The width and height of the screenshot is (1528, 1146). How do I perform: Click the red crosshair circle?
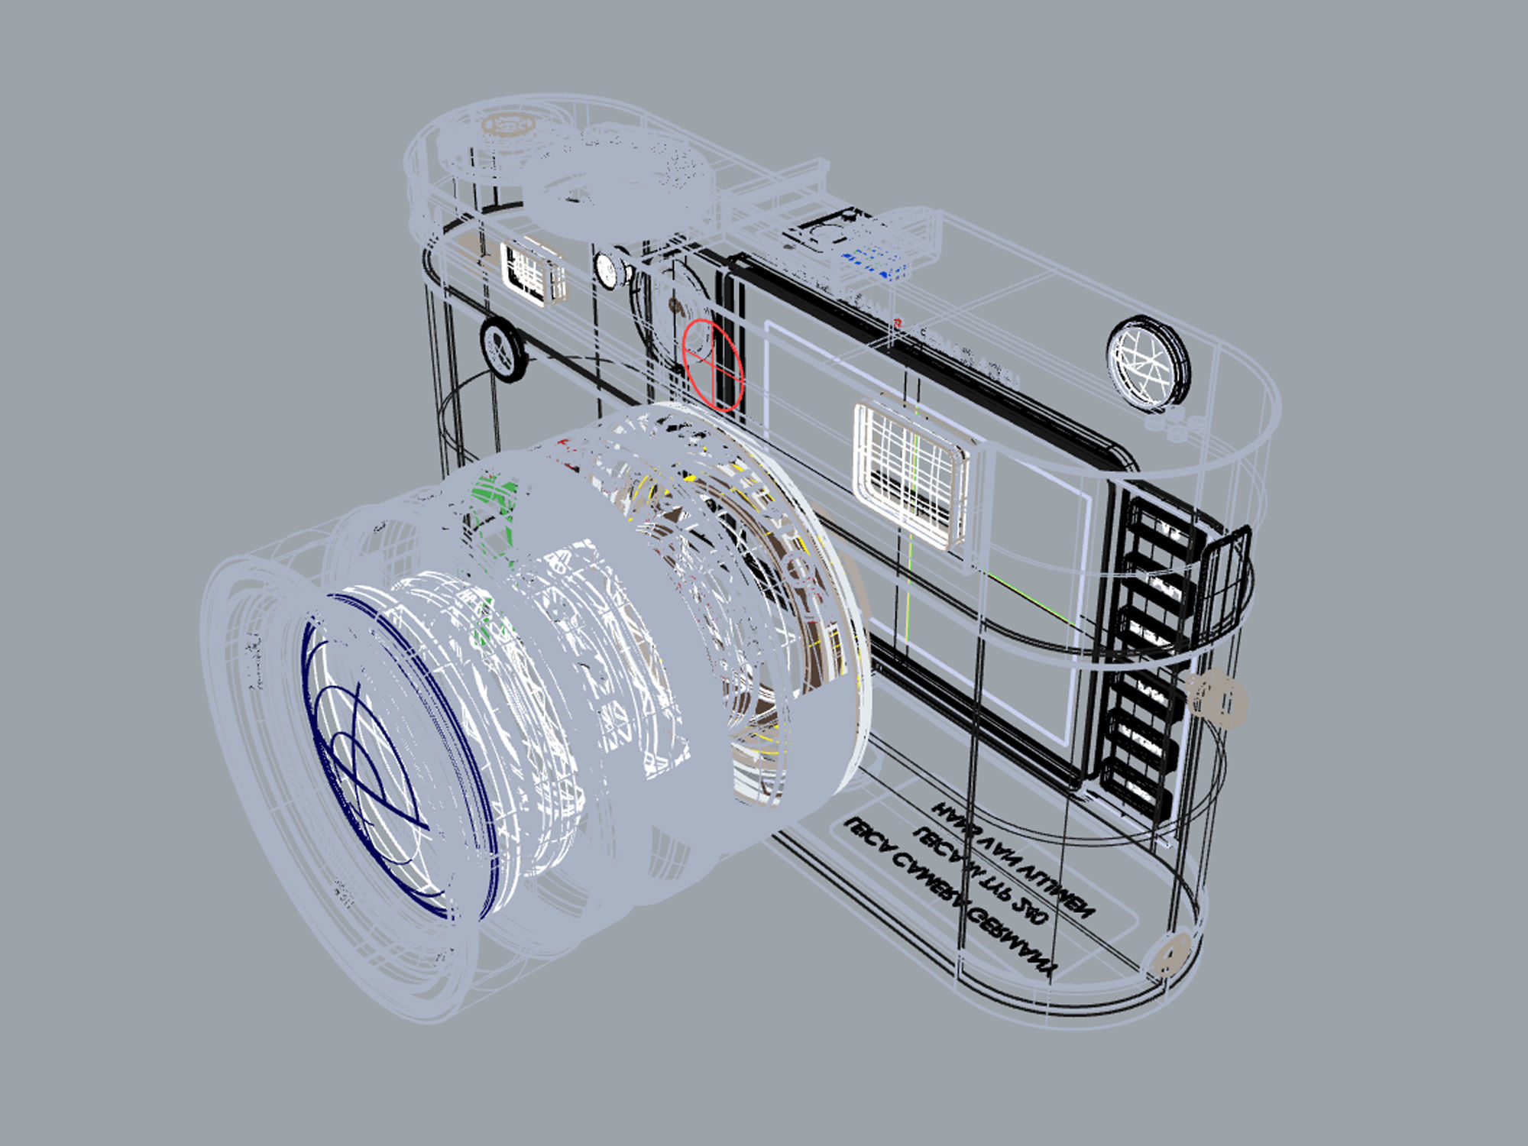point(712,366)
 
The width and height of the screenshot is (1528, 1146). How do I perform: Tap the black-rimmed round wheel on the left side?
point(503,349)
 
